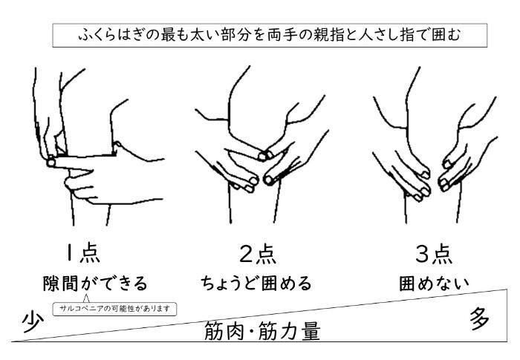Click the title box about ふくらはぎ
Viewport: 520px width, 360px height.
[x=260, y=35]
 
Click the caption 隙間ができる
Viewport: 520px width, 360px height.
[x=94, y=283]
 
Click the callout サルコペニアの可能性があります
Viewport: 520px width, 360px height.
[x=115, y=309]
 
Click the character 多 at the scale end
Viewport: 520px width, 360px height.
[x=479, y=319]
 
